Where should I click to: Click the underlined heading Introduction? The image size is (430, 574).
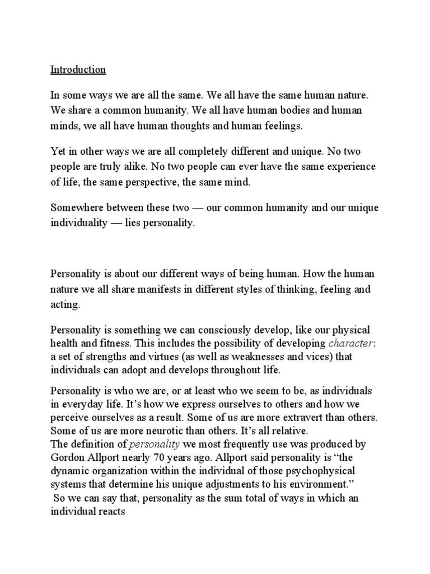click(78, 70)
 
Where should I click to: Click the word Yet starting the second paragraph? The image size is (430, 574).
click(58, 152)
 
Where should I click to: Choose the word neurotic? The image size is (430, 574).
click(168, 430)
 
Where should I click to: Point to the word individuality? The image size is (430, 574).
click(81, 222)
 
